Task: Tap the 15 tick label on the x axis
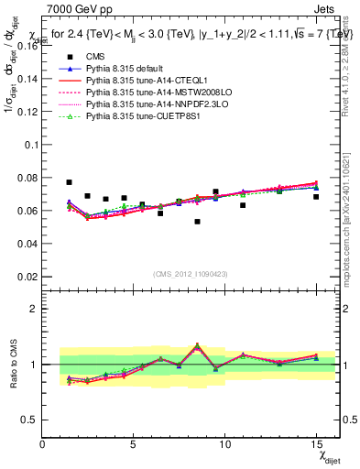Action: coord(316,444)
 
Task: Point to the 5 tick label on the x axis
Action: coord(134,444)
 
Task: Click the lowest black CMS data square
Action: coord(197,222)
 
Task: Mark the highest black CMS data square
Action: coord(69,182)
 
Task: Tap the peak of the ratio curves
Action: coord(197,346)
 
